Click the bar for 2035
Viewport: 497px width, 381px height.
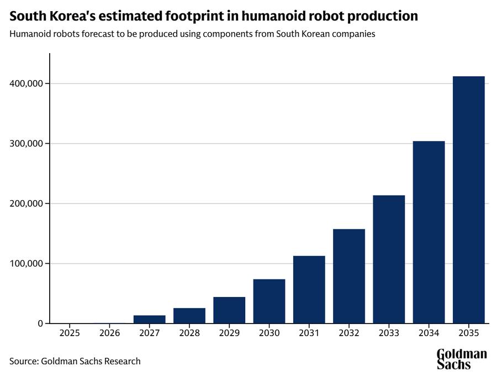[x=468, y=200]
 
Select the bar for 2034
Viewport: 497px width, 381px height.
[x=429, y=232]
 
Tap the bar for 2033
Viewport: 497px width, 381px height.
[x=389, y=259]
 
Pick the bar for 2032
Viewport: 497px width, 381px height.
[x=348, y=276]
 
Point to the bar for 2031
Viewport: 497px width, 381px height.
[x=309, y=290]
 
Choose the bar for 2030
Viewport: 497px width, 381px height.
[x=269, y=301]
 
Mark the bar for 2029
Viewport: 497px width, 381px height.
[x=229, y=310]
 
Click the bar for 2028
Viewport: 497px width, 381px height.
[x=189, y=316]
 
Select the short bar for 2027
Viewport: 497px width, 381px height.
[x=149, y=319]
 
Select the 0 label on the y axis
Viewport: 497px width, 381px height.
[x=40, y=323]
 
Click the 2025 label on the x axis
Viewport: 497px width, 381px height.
[x=70, y=333]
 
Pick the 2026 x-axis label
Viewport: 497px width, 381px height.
[x=110, y=333]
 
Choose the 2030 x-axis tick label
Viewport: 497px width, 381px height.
[x=269, y=333]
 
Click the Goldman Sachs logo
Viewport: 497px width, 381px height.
[x=462, y=359]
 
